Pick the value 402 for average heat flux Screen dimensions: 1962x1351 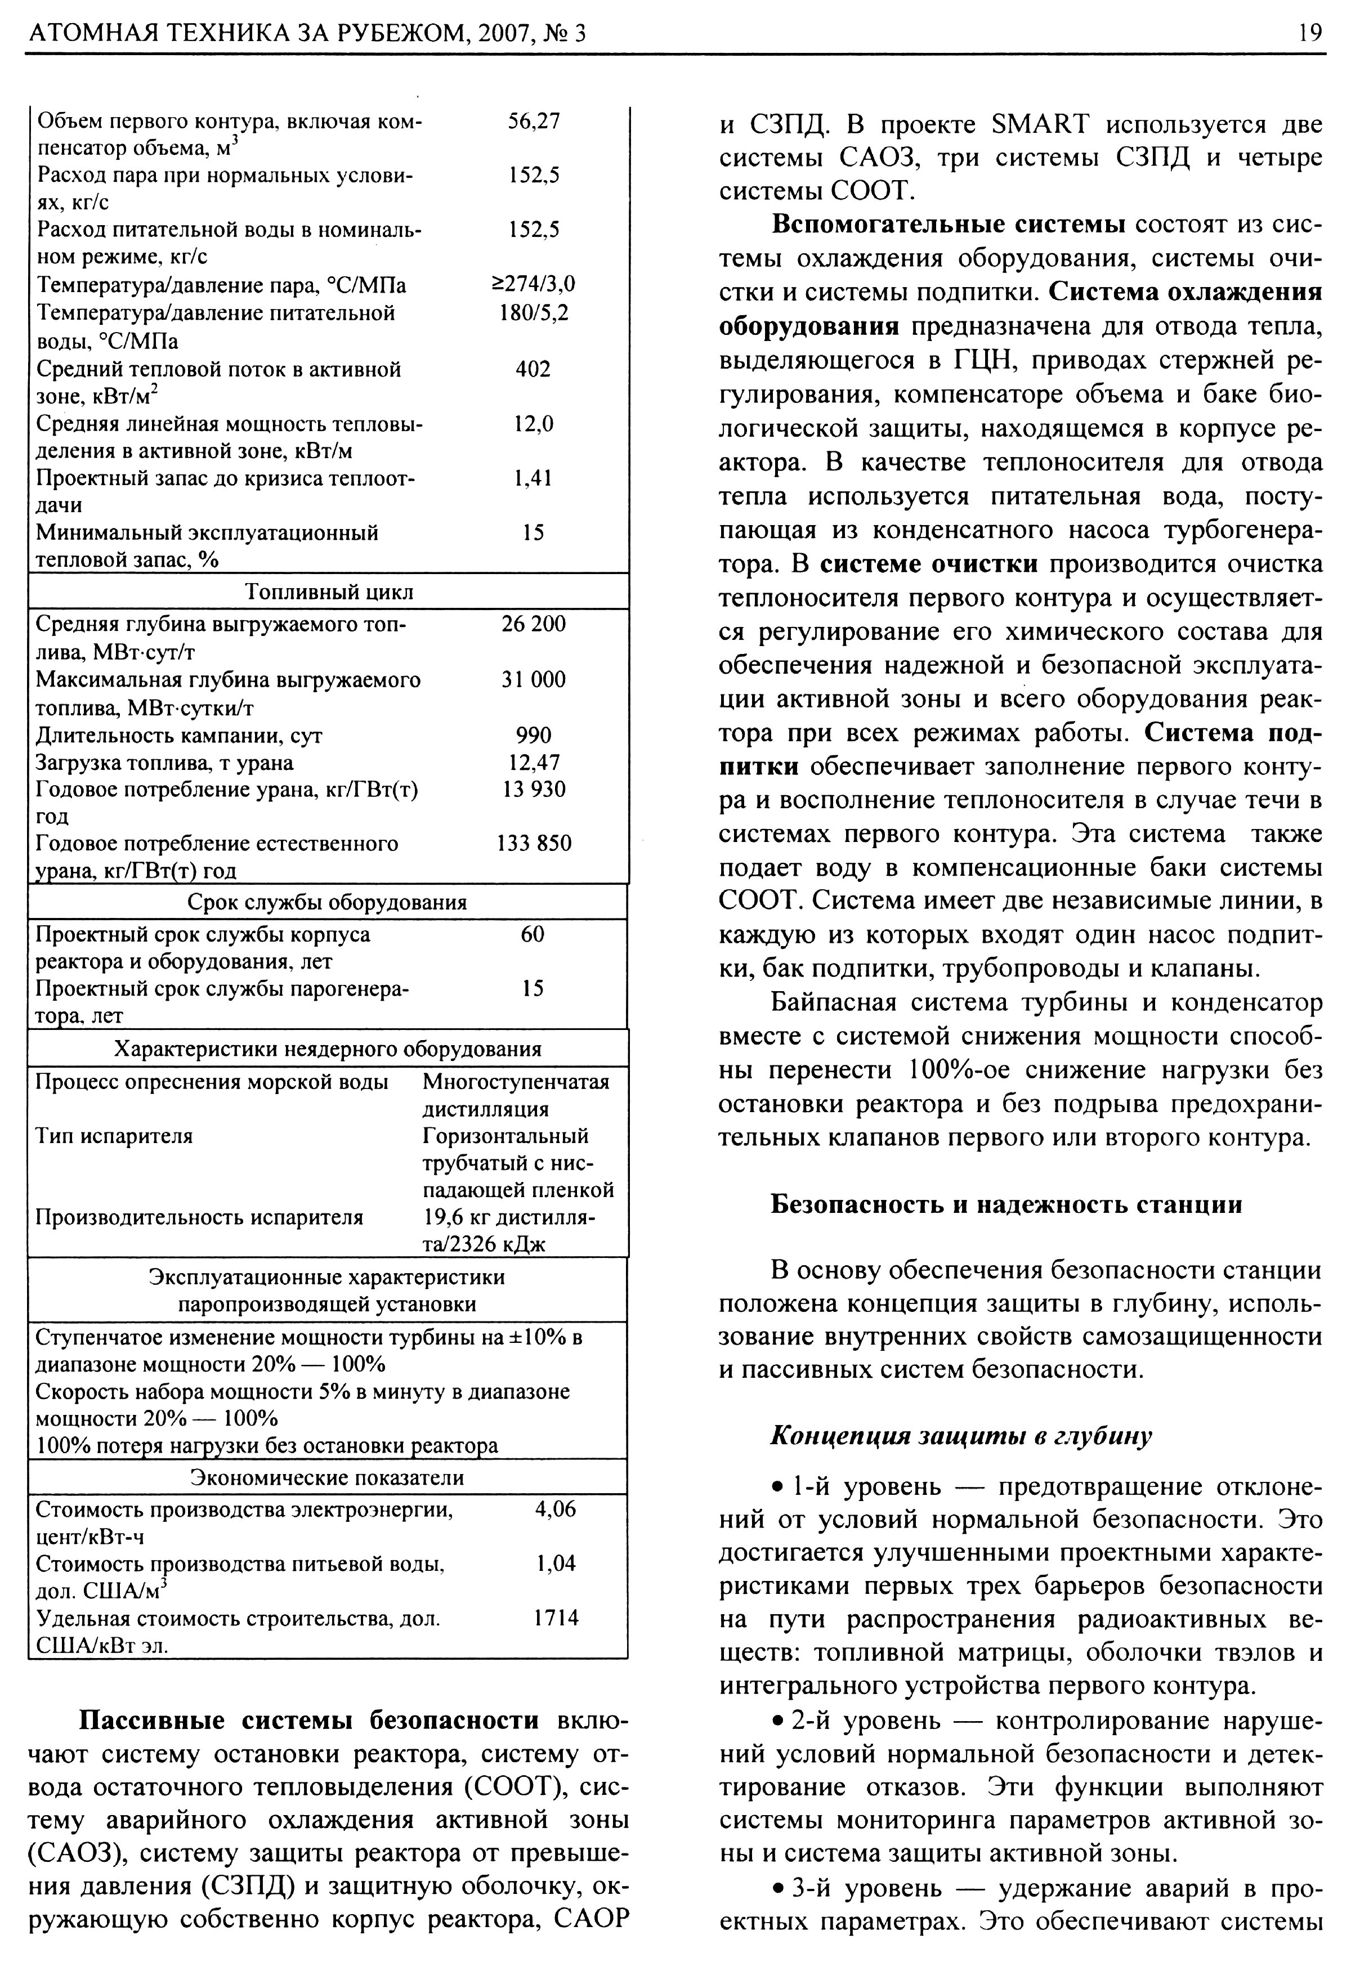(x=533, y=369)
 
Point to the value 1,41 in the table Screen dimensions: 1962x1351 (x=533, y=478)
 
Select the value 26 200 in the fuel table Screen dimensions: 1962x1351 (x=533, y=624)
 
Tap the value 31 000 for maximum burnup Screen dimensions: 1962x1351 (x=533, y=680)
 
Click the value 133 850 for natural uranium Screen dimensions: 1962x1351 (x=533, y=843)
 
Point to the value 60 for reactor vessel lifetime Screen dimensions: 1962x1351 (x=533, y=934)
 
